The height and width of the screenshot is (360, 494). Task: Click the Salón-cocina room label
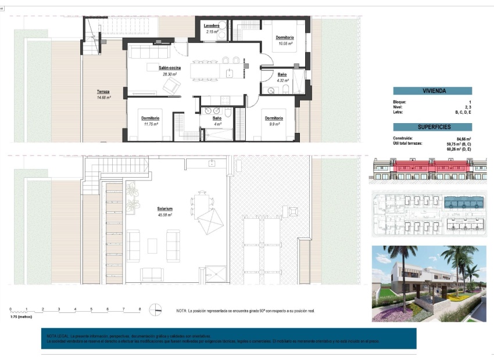click(x=169, y=68)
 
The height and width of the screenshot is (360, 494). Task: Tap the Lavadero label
click(x=211, y=26)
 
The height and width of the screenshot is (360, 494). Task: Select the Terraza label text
click(x=103, y=92)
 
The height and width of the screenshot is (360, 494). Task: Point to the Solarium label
click(x=164, y=208)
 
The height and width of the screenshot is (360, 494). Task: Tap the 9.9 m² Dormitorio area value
click(x=274, y=124)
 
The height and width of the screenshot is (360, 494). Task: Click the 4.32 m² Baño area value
click(x=282, y=81)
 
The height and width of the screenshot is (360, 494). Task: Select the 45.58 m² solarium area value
click(x=164, y=215)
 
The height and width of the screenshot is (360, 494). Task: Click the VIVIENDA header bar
click(x=432, y=91)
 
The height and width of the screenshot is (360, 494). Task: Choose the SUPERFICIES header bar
click(x=432, y=127)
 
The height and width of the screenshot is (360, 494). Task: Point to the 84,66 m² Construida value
click(x=463, y=139)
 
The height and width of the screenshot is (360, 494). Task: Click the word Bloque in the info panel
click(x=400, y=102)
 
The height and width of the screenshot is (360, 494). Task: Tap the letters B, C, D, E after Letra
click(x=463, y=111)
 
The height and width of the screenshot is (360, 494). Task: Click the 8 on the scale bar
click(x=140, y=309)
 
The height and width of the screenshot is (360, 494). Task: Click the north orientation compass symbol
click(x=156, y=309)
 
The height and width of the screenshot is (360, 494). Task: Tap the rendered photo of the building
click(x=429, y=284)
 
